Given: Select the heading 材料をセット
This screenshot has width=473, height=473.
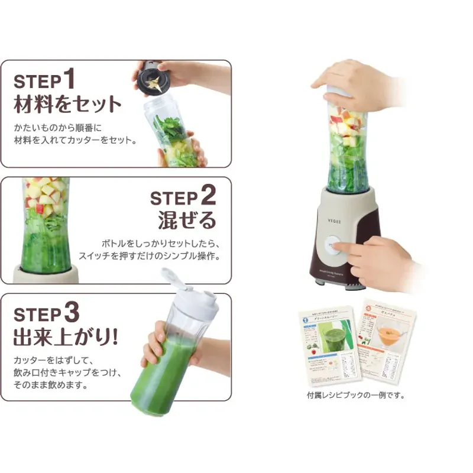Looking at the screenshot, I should [x=67, y=104].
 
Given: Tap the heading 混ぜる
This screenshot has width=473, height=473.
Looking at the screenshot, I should [x=187, y=221].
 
